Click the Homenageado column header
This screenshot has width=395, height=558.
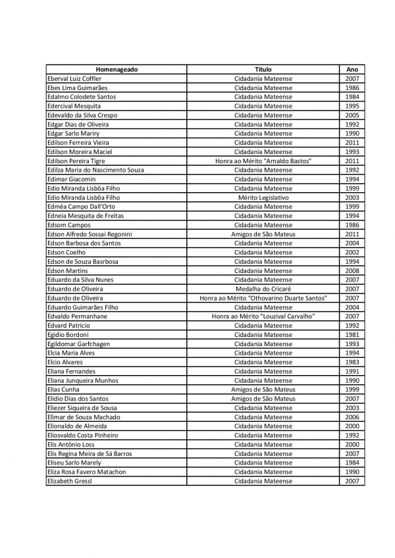(117, 69)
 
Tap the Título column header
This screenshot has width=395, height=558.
(263, 69)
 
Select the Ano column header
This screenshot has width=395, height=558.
(352, 69)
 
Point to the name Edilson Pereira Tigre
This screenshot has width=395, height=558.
(76, 161)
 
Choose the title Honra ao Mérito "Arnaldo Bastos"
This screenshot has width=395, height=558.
(263, 161)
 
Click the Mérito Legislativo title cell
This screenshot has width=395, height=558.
(263, 197)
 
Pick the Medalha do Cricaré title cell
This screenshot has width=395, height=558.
(263, 289)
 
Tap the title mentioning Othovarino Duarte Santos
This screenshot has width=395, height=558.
(263, 298)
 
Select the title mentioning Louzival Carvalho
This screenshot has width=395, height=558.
(263, 317)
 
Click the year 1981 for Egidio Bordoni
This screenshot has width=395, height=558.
(352, 335)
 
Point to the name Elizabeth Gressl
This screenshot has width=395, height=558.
(70, 481)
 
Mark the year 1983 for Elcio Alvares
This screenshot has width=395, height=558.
(352, 362)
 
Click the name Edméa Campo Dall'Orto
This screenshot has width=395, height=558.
(81, 207)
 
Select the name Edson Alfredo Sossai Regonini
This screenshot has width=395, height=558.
(90, 234)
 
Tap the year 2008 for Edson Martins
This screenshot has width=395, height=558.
(352, 270)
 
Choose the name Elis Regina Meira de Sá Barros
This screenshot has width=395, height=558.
(90, 453)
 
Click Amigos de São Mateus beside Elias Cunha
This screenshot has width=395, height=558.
(263, 390)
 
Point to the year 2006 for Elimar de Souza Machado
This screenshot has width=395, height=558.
(352, 417)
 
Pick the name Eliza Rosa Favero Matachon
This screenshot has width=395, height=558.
(86, 472)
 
